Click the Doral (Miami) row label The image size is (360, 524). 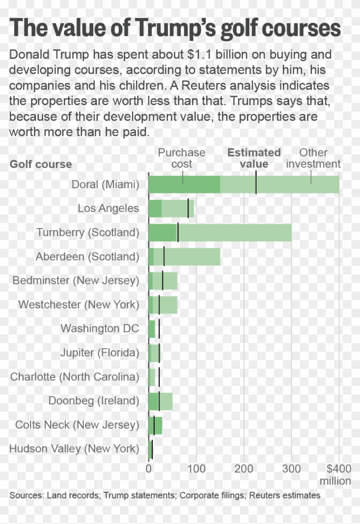click(x=105, y=184)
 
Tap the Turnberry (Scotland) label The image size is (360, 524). click(x=87, y=232)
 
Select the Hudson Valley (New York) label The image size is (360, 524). click(x=74, y=449)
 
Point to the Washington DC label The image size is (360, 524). click(x=99, y=328)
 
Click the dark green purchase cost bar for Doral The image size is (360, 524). click(x=184, y=184)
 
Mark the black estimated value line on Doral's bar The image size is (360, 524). click(x=256, y=184)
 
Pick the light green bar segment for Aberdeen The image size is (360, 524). click(x=193, y=256)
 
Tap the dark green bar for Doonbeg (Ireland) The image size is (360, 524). click(x=153, y=401)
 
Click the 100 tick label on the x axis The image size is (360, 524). click(x=196, y=468)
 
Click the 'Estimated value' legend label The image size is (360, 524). click(x=254, y=158)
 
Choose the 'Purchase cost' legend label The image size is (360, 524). click(x=182, y=158)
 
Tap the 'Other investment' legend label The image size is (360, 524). click(x=313, y=158)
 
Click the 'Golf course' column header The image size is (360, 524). click(x=41, y=165)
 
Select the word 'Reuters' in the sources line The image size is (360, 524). click(x=263, y=495)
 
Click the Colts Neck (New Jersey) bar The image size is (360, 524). click(x=155, y=425)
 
